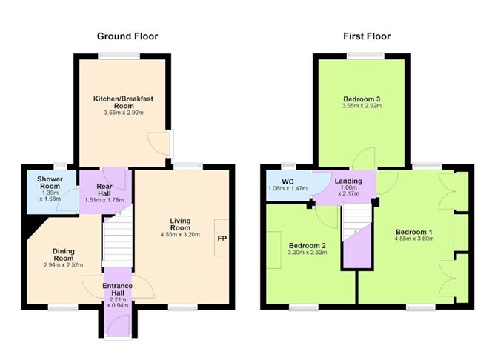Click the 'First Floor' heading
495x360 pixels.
[365, 36]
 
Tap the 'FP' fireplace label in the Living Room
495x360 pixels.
[221, 239]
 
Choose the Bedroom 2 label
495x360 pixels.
[308, 245]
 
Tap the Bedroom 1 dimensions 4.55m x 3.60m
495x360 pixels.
[413, 239]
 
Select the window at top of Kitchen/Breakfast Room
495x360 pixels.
[121, 54]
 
